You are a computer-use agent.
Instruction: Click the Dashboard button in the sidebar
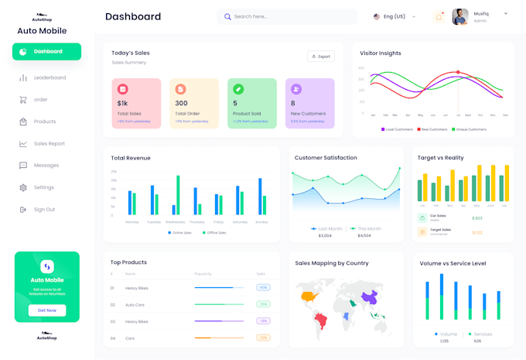(x=46, y=52)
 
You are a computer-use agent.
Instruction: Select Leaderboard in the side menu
(x=50, y=77)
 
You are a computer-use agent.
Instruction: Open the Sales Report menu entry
(x=50, y=143)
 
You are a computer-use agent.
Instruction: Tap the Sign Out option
(x=44, y=209)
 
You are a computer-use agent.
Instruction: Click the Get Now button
(x=46, y=310)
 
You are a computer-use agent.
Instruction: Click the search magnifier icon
(x=227, y=16)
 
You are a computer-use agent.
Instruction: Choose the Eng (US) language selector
(x=394, y=16)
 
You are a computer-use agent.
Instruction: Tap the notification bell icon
(x=439, y=16)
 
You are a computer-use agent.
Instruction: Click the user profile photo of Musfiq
(x=460, y=16)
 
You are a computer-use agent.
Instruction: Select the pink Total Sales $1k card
(x=136, y=103)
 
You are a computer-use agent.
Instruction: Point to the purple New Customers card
(x=309, y=103)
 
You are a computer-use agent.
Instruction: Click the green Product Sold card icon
(x=239, y=89)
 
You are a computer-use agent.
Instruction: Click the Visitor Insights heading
(x=381, y=53)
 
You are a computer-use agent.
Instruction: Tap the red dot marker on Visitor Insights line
(x=458, y=73)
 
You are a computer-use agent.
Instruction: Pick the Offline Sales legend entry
(x=215, y=232)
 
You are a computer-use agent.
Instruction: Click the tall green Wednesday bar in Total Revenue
(x=178, y=194)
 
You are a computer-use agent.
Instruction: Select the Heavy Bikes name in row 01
(x=137, y=288)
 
